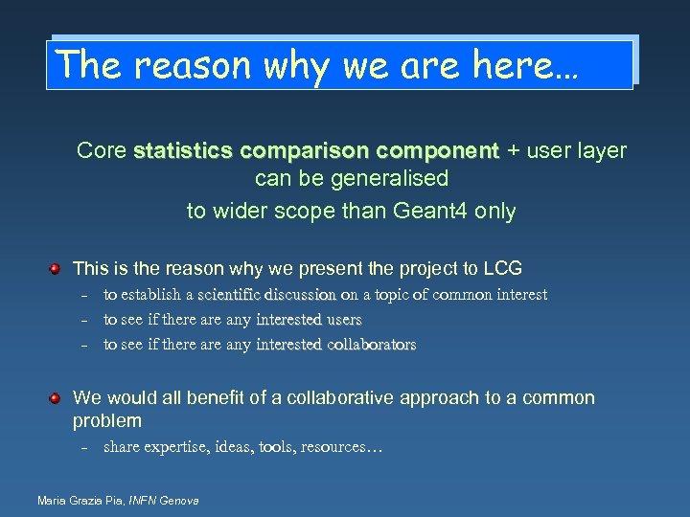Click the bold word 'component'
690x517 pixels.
(438, 151)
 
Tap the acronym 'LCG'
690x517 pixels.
(501, 269)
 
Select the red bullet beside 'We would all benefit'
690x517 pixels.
(57, 396)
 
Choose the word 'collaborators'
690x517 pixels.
(358, 345)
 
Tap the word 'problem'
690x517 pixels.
(107, 421)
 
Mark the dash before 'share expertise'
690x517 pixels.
(84, 447)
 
